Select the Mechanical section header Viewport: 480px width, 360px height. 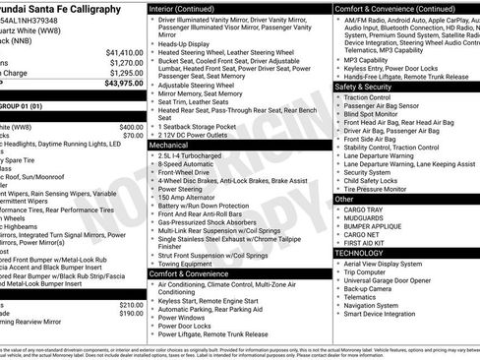[169, 144]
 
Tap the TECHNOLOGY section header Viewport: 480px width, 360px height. [359, 253]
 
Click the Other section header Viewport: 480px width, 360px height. [344, 199]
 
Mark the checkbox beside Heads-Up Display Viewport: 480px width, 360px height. [152, 44]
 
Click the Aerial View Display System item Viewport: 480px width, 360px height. [388, 266]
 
